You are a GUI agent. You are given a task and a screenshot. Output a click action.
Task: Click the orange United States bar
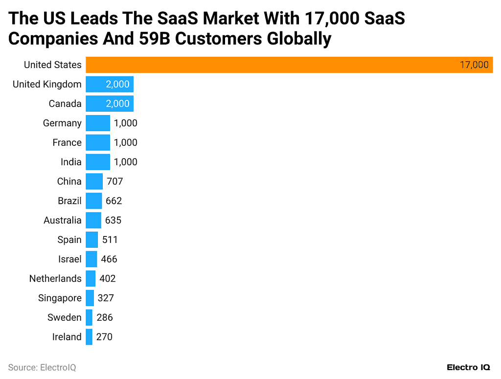coord(289,65)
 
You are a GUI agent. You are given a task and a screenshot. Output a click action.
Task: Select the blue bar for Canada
coord(109,103)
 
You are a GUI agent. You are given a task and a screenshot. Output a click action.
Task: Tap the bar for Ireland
coord(89,337)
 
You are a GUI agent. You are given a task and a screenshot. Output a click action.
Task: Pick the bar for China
coord(94,181)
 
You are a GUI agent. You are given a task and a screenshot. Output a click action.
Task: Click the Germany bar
coord(98,123)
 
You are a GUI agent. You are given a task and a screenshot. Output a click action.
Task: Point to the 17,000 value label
coord(474,65)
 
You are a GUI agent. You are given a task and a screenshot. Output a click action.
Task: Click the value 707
coord(115,181)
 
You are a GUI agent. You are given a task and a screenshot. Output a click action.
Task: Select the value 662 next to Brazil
coord(114,201)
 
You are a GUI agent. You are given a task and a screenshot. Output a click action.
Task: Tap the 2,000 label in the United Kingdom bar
coord(117,84)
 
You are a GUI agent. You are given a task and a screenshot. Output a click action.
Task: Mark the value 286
coord(105,317)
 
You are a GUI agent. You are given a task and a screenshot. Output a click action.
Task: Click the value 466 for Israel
coord(109,259)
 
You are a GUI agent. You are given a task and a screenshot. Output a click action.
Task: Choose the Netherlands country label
coord(55,279)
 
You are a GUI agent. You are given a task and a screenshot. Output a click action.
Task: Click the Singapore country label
coord(60,298)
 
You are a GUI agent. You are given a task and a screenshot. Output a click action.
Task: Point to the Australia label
coord(62,220)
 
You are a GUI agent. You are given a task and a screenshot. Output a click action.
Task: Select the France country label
coord(67,142)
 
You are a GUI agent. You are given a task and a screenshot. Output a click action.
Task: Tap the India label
coord(71,162)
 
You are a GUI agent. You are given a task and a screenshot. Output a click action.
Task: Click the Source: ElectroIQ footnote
coord(42,367)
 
